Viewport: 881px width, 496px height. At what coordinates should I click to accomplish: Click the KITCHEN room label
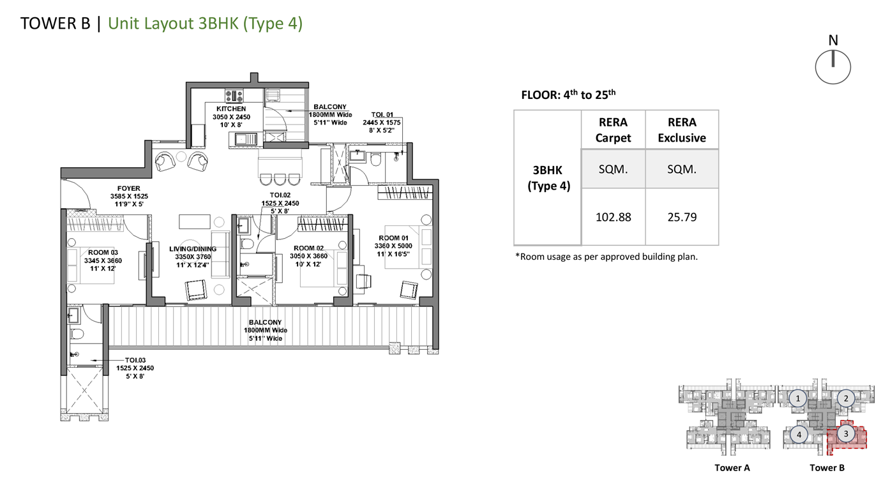click(231, 109)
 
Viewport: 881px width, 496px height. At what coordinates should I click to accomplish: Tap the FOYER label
click(128, 188)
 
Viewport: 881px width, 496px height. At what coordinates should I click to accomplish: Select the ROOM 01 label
click(393, 238)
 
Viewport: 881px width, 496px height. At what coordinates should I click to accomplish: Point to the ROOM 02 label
click(309, 248)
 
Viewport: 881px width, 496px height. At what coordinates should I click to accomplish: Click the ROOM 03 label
click(103, 253)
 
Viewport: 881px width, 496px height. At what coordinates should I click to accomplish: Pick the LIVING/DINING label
click(193, 249)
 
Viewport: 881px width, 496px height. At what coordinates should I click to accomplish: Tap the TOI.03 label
click(135, 360)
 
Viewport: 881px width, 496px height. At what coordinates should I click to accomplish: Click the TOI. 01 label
click(382, 115)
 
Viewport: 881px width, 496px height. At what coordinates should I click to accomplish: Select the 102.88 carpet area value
click(613, 217)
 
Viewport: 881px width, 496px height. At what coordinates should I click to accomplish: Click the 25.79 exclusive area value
click(682, 217)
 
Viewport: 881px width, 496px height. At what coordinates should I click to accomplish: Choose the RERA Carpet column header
click(613, 130)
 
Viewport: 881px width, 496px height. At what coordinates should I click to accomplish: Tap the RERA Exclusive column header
click(682, 130)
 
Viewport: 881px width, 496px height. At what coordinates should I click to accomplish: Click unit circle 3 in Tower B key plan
click(846, 434)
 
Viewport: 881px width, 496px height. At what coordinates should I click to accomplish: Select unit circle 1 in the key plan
click(798, 398)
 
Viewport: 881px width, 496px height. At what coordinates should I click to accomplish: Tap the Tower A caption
click(732, 468)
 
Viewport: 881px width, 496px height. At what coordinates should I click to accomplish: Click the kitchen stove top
click(234, 96)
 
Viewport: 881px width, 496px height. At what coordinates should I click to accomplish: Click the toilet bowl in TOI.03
click(77, 334)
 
